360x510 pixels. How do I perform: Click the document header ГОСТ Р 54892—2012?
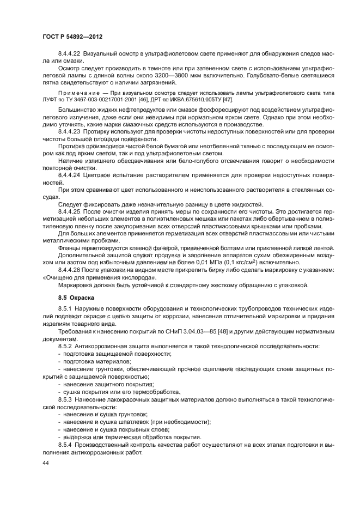[72, 35]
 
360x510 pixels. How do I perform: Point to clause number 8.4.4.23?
[71, 132]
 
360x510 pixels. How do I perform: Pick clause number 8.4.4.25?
[71, 210]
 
